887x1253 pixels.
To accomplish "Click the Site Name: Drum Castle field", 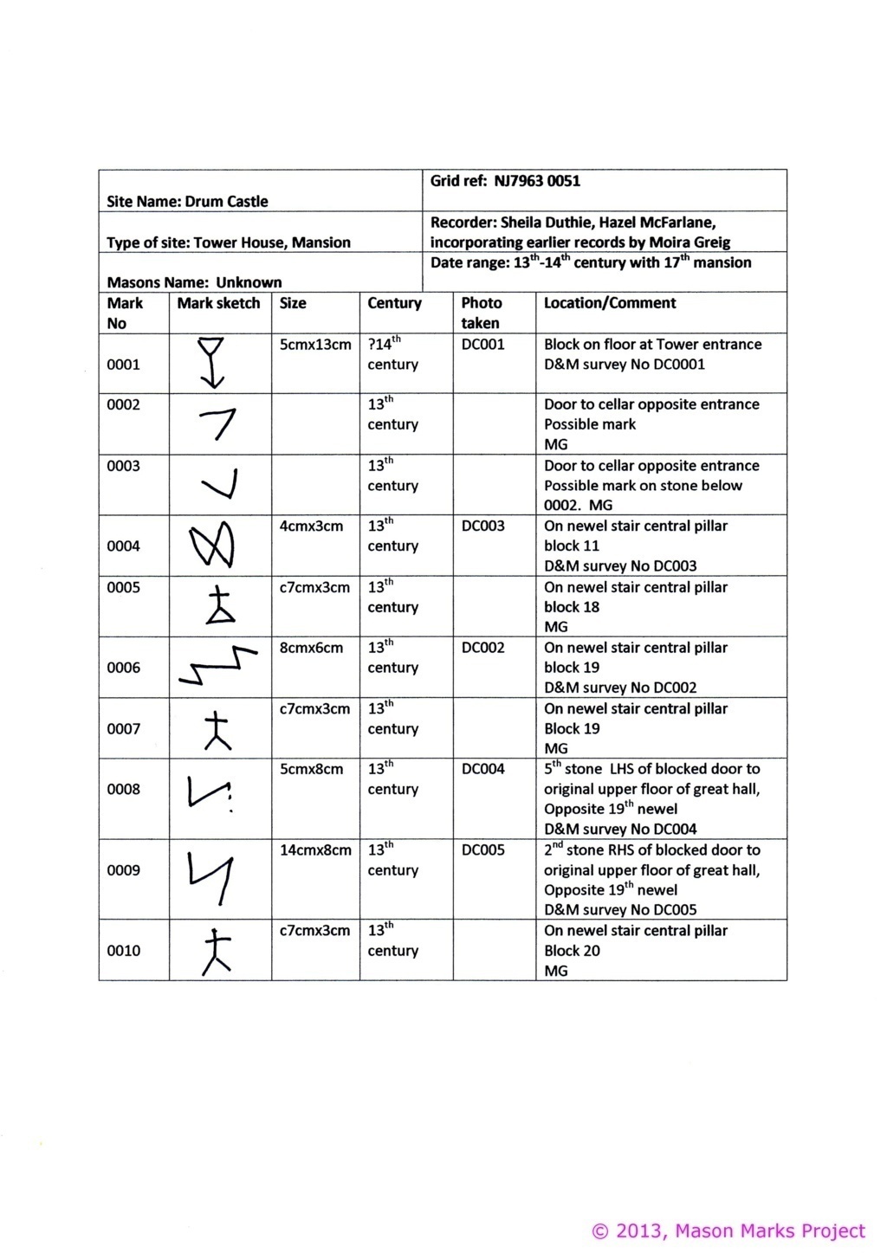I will click(x=187, y=202).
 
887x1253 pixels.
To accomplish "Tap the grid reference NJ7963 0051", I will click(x=505, y=181).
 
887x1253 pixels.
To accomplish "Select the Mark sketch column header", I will click(x=218, y=303).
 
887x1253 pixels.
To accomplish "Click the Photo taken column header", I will click(x=481, y=313).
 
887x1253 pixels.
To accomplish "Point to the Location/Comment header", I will click(x=610, y=303).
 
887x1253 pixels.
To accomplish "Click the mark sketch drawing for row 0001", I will click(x=211, y=362).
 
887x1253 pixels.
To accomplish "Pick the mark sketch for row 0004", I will click(x=211, y=545).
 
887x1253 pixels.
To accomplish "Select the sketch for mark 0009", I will click(x=211, y=876).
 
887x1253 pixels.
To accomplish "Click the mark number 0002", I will click(x=123, y=404).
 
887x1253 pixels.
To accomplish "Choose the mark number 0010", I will click(x=123, y=951).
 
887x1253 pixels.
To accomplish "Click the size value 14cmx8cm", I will click(x=315, y=850).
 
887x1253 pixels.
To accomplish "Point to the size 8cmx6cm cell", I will click(x=311, y=648).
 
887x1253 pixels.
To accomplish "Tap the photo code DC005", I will click(x=482, y=850).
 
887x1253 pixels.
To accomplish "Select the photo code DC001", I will click(x=482, y=344).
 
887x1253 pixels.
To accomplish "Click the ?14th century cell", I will click(x=392, y=354).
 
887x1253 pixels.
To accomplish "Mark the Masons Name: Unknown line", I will click(x=194, y=282).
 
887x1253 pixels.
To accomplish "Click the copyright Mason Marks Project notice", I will click(x=728, y=1230).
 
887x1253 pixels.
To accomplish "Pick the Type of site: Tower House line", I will click(x=229, y=242).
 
